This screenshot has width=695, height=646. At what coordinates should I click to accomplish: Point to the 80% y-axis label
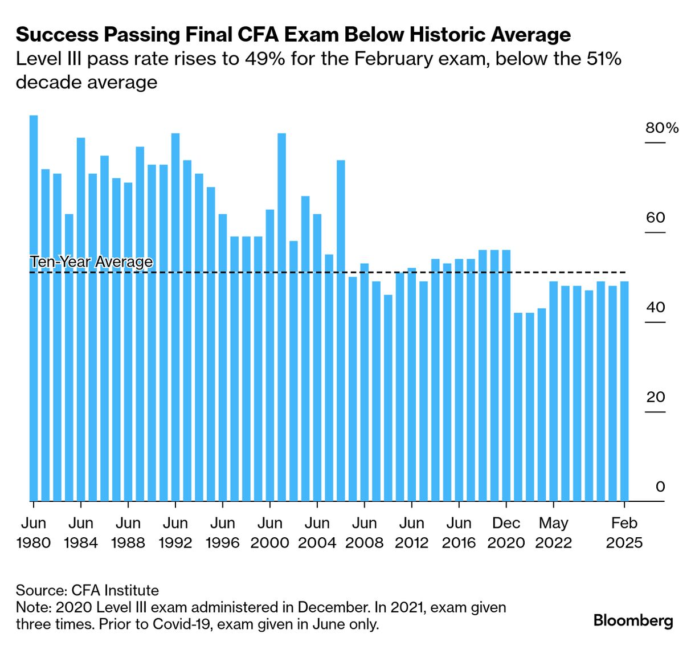(x=661, y=128)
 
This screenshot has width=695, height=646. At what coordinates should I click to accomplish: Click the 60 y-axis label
(x=655, y=218)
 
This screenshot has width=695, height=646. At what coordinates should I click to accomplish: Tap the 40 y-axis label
(x=655, y=308)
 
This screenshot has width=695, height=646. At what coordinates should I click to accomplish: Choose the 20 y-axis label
(x=655, y=397)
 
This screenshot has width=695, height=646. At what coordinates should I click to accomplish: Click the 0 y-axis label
(x=660, y=487)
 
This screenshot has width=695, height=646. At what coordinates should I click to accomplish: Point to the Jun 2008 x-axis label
(x=364, y=533)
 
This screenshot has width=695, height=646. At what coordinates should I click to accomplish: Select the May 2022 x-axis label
(x=553, y=533)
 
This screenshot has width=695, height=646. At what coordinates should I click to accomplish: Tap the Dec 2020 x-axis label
(x=506, y=533)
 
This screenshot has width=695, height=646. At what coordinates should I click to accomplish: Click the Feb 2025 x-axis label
(x=624, y=533)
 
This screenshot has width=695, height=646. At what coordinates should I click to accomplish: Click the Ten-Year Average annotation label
(x=91, y=261)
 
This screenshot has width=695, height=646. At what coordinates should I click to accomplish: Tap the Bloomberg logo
(x=633, y=620)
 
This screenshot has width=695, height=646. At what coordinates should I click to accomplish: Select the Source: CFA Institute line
(x=87, y=590)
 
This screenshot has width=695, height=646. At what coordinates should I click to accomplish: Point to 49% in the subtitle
(x=265, y=59)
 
